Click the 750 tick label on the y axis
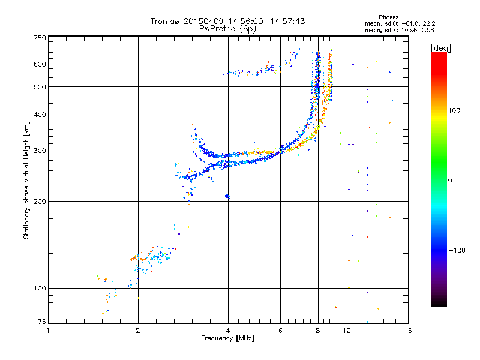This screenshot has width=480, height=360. pos(40,38)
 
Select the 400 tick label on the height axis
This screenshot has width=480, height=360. pos(40,115)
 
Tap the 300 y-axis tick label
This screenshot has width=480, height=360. pos(40,151)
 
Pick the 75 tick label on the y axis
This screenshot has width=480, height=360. pos(41,322)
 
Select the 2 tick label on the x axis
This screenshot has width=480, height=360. pos(138,331)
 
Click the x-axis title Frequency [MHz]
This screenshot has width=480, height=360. pos(227,338)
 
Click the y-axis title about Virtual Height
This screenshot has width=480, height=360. pos(26,180)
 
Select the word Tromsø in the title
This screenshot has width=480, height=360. pos(164,22)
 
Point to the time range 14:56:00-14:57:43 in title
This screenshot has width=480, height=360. pos(262,22)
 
